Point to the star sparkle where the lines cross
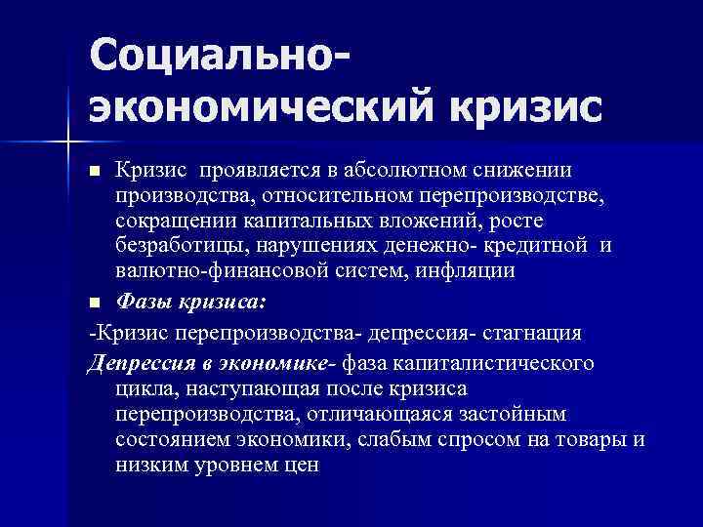[67, 144]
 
